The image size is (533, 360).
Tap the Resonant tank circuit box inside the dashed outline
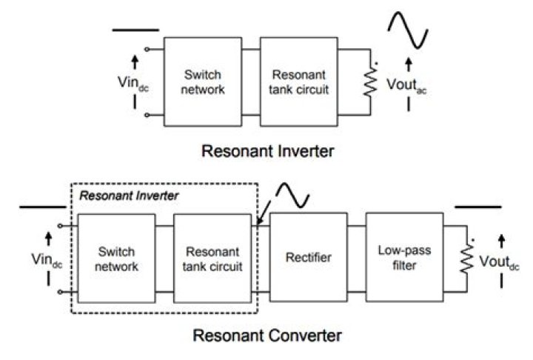211,259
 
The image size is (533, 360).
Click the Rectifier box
309,258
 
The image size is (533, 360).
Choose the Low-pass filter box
403,258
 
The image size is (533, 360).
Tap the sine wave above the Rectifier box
291,195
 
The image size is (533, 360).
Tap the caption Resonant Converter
267,336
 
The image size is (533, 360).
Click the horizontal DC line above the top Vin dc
135,30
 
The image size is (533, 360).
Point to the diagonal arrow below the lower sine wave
263,215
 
